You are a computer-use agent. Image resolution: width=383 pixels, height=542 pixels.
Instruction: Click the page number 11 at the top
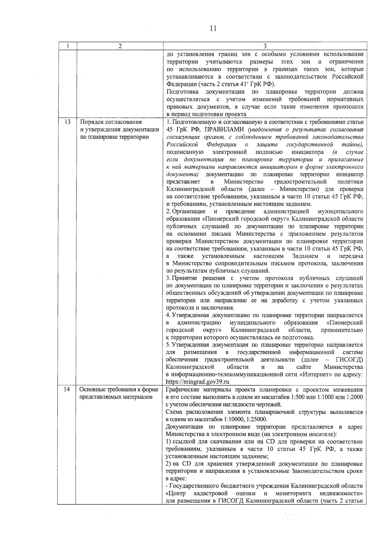tap(213, 29)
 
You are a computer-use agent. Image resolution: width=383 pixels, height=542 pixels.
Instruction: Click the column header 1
tap(68, 46)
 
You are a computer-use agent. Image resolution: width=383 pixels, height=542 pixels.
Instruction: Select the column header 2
tap(120, 46)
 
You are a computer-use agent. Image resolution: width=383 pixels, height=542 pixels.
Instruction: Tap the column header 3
tap(265, 46)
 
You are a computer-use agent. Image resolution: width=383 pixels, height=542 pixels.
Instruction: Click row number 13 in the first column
tap(68, 122)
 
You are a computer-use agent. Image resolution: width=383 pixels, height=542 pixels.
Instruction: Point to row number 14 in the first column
tap(67, 389)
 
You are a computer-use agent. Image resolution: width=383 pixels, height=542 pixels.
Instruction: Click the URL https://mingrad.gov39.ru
tap(198, 382)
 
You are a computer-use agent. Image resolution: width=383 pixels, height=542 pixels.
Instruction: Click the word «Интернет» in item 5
tap(314, 374)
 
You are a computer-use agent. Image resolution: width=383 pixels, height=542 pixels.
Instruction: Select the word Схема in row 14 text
tap(174, 412)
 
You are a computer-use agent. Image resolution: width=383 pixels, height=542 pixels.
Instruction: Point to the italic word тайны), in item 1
tap(354, 144)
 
